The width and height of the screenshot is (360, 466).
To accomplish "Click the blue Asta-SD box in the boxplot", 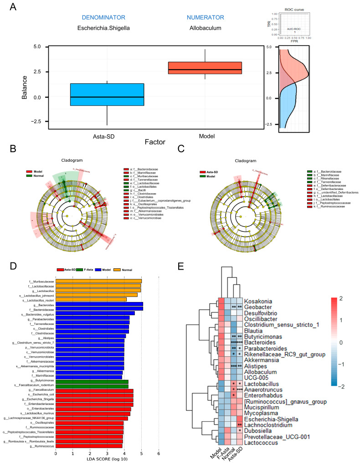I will [x=107, y=94].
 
